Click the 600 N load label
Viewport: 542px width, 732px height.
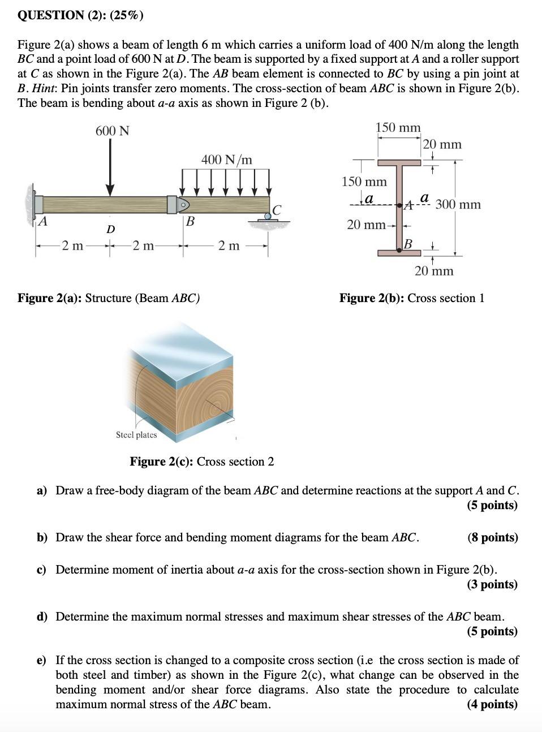coord(112,131)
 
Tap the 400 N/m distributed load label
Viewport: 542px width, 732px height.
coord(226,160)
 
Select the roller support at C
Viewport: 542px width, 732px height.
coord(268,216)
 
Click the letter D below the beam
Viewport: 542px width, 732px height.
coord(111,229)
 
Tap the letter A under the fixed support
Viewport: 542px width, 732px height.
coord(42,221)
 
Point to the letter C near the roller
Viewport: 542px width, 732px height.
coord(276,210)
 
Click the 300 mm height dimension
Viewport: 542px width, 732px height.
coord(458,204)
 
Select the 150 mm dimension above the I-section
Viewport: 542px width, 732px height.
coord(398,128)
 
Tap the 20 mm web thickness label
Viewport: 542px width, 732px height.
coord(366,225)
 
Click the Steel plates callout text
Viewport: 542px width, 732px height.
coord(136,435)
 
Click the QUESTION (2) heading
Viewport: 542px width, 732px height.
coord(81,15)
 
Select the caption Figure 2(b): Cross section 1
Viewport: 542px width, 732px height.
coord(411,298)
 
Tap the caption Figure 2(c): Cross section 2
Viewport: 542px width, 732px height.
coord(202,462)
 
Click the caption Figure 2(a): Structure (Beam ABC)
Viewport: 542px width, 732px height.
coord(109,298)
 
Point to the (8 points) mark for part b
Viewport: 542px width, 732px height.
coord(492,537)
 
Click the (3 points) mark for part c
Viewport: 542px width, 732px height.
coord(492,584)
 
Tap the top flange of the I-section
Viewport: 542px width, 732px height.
coord(399,162)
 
